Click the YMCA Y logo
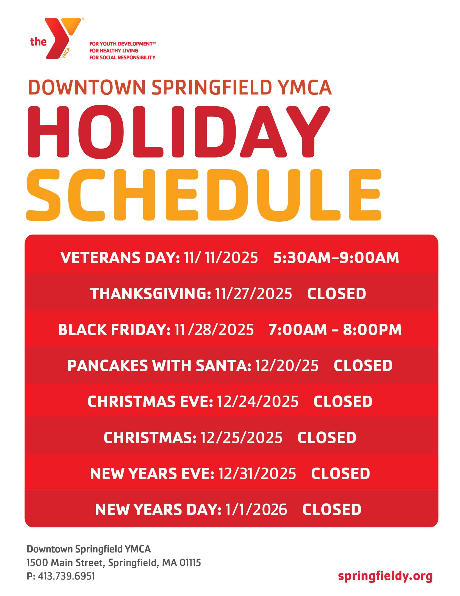tap(63, 38)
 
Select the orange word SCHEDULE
tap(204, 195)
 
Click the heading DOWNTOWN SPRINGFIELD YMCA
tap(180, 87)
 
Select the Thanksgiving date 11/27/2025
tap(253, 293)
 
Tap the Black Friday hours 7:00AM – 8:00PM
tap(335, 329)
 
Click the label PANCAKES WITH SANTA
tap(159, 366)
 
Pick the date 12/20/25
tap(287, 366)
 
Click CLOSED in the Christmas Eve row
tap(343, 401)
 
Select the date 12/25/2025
tap(241, 437)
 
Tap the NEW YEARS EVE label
tap(152, 474)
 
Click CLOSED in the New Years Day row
tap(332, 509)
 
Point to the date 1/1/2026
tap(256, 509)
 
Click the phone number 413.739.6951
tap(66, 576)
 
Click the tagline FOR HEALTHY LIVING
tap(114, 51)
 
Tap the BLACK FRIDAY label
tap(114, 329)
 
